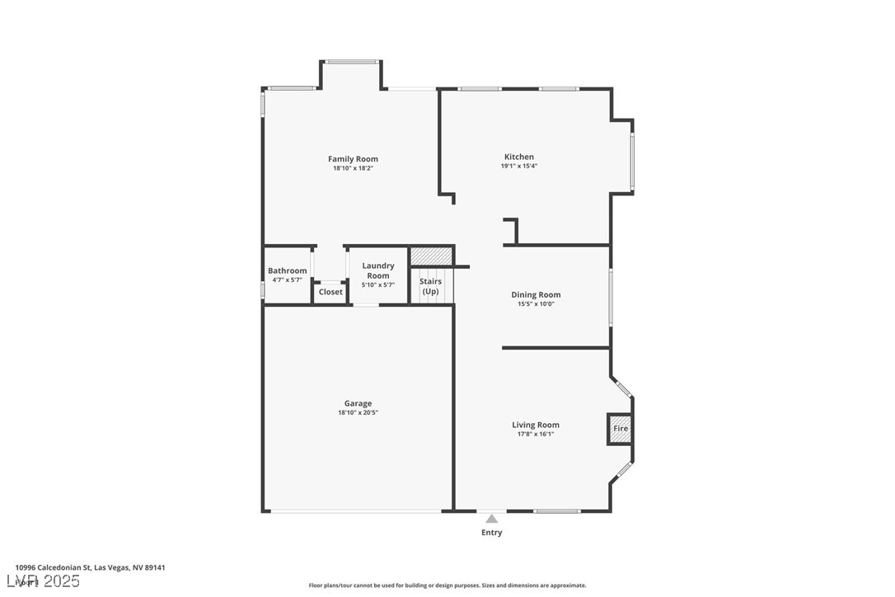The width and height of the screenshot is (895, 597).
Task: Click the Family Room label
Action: coord(353,159)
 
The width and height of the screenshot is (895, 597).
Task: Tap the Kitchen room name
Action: coord(519,157)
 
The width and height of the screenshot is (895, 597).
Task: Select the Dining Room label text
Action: coord(536,294)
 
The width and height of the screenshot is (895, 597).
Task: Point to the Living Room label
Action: coord(536,425)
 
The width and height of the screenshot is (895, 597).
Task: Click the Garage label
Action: coord(358,403)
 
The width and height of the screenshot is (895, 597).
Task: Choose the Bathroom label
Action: coord(287,270)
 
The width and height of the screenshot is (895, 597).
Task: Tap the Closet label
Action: coord(330,292)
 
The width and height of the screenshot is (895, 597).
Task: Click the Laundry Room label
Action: coord(378,270)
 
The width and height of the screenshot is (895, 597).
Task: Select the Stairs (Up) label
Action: coord(430,286)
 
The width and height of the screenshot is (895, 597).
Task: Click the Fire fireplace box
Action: coord(621,429)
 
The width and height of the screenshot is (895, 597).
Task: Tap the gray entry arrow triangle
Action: coord(491,519)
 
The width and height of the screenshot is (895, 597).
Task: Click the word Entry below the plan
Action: coord(491,533)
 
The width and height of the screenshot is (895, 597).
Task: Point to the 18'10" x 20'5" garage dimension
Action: coord(358,413)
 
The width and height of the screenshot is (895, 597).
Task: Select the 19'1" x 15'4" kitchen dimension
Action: coord(519,166)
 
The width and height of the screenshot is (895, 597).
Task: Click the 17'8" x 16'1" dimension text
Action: coord(536,434)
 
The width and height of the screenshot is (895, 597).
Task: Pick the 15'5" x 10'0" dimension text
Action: coord(536,303)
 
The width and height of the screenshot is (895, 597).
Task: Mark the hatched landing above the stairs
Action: coord(431,256)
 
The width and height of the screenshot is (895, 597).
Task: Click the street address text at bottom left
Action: coord(90,567)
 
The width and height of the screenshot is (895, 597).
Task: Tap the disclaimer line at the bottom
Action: coord(447,585)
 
